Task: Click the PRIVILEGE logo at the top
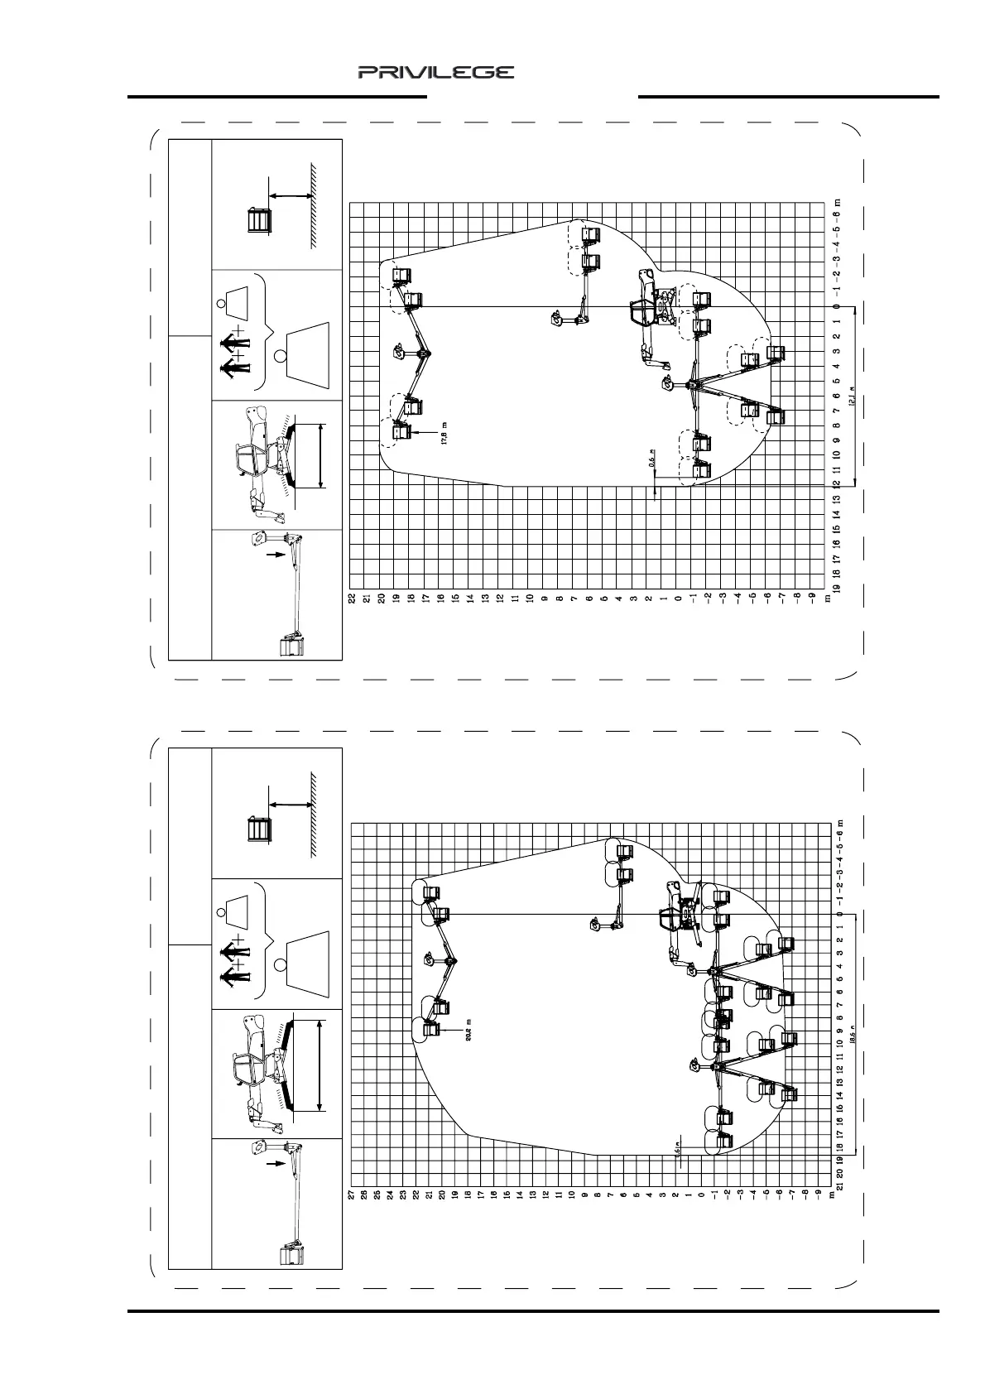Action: point(435,72)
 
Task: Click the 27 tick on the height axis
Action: point(352,1194)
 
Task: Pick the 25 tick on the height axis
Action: point(377,1194)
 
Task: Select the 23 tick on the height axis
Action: point(403,1194)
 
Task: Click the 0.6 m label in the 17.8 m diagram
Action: point(652,464)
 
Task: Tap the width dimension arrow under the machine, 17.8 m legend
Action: point(320,455)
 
